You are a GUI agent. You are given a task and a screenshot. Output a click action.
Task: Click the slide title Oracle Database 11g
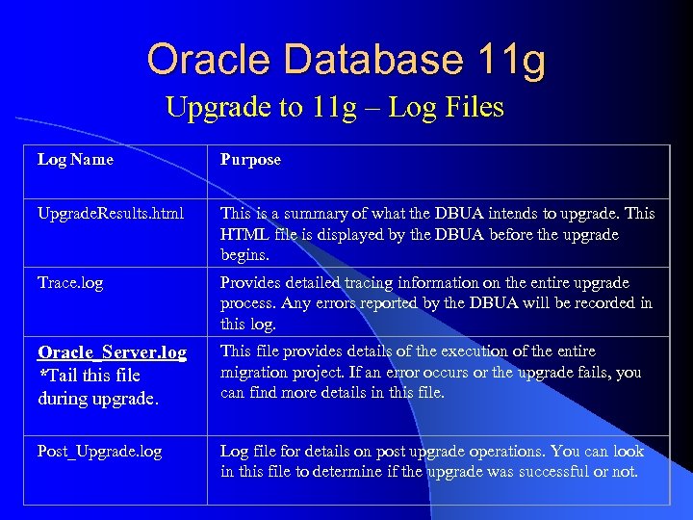click(346, 60)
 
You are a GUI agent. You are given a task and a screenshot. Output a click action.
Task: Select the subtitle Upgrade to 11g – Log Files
click(334, 107)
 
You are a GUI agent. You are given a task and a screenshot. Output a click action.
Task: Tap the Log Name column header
click(75, 160)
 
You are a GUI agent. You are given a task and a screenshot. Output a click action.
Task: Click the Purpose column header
click(250, 160)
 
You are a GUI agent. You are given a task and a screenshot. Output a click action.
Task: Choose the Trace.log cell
click(70, 283)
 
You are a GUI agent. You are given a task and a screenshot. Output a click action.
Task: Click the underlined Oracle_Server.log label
click(113, 352)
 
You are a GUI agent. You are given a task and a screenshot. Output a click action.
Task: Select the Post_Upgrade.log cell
click(100, 452)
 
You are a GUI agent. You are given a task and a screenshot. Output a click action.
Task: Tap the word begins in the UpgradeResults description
click(245, 256)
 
